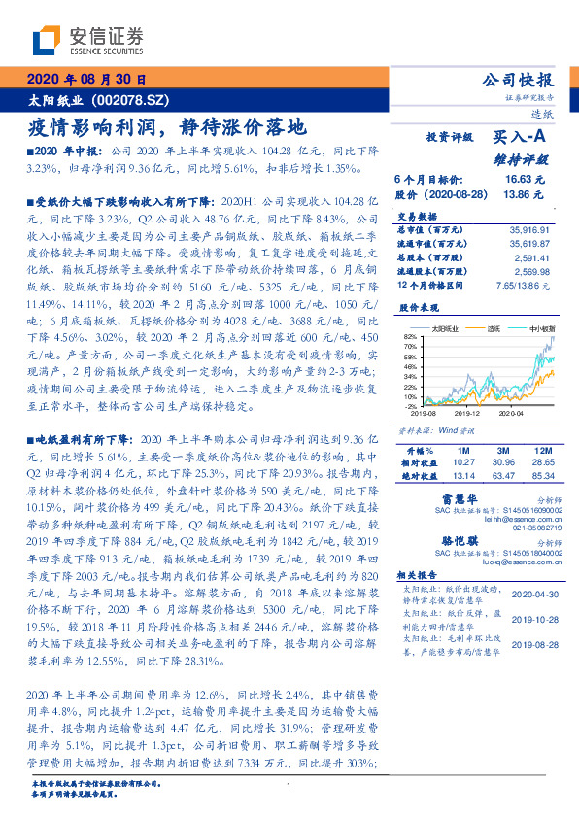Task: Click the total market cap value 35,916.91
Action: click(530, 229)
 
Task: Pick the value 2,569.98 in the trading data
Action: click(532, 271)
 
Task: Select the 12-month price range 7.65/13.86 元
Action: click(523, 285)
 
